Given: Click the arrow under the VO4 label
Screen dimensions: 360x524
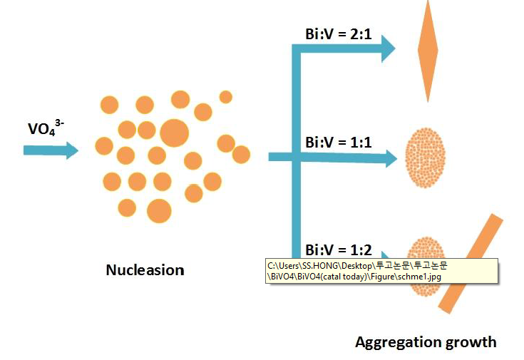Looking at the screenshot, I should (x=51, y=150).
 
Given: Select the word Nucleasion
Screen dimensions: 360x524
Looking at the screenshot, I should (x=145, y=270).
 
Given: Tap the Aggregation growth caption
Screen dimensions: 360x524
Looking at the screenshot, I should (x=426, y=342).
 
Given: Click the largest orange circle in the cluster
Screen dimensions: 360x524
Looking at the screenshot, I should (x=174, y=132).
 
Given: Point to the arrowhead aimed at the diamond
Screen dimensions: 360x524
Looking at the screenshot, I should (x=386, y=48).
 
